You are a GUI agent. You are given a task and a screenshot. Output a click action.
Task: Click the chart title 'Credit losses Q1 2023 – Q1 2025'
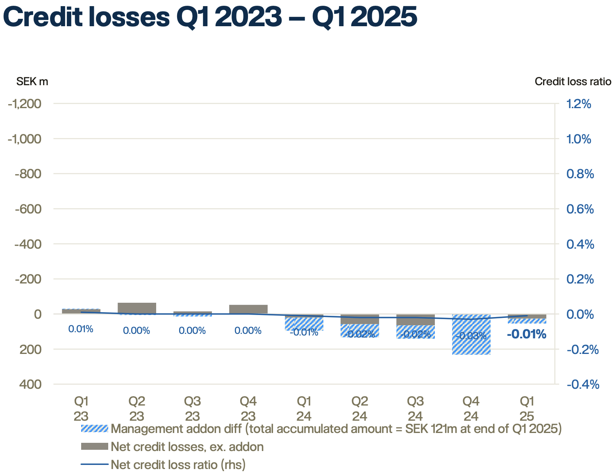pyautogui.click(x=209, y=17)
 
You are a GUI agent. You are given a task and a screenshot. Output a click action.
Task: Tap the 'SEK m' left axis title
pyautogui.click(x=32, y=82)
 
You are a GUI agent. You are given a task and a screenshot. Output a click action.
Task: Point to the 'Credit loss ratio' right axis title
pyautogui.click(x=573, y=82)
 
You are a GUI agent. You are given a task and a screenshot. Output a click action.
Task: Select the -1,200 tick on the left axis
pyautogui.click(x=25, y=104)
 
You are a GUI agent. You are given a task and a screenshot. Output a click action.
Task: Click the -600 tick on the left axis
pyautogui.click(x=28, y=209)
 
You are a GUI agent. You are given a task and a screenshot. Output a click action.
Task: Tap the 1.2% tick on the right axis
pyautogui.click(x=578, y=104)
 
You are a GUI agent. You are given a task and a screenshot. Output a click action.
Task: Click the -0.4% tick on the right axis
pyautogui.click(x=582, y=384)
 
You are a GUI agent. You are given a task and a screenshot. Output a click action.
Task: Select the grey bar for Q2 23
pyautogui.click(x=136, y=308)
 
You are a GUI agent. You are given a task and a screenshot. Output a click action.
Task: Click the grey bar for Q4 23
pyautogui.click(x=248, y=309)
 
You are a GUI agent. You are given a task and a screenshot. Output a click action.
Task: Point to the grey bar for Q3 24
pyautogui.click(x=415, y=320)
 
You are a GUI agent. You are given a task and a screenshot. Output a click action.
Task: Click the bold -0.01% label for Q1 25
pyautogui.click(x=526, y=335)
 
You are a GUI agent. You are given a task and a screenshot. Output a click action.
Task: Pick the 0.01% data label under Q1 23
pyautogui.click(x=81, y=329)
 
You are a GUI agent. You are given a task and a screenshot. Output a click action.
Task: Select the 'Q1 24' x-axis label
pyautogui.click(x=304, y=408)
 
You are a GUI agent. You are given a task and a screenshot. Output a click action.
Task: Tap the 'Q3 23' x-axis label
pyautogui.click(x=192, y=408)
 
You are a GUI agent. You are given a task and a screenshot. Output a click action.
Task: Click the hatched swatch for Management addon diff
pyautogui.click(x=94, y=429)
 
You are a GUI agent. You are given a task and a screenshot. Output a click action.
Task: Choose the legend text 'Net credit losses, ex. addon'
pyautogui.click(x=187, y=447)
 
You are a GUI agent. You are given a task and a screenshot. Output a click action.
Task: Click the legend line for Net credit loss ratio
pyautogui.click(x=94, y=465)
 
